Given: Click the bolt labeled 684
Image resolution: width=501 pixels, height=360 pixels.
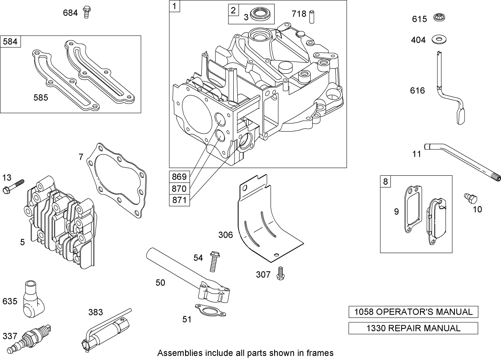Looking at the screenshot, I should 86,12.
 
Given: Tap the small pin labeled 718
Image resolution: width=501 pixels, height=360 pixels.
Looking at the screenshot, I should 312,16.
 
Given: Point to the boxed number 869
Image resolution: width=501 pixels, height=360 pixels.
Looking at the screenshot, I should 179,177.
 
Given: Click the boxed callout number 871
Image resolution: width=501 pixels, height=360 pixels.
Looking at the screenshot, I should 179,200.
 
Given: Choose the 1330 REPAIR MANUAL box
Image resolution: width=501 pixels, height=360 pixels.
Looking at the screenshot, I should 413,328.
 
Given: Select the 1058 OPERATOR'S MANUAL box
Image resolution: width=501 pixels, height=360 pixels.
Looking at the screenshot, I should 413,312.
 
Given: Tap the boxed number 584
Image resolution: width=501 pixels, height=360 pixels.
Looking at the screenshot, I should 11,42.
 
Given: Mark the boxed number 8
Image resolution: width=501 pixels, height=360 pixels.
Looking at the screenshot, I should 385,181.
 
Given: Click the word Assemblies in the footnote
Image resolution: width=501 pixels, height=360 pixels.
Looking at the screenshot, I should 176,353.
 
